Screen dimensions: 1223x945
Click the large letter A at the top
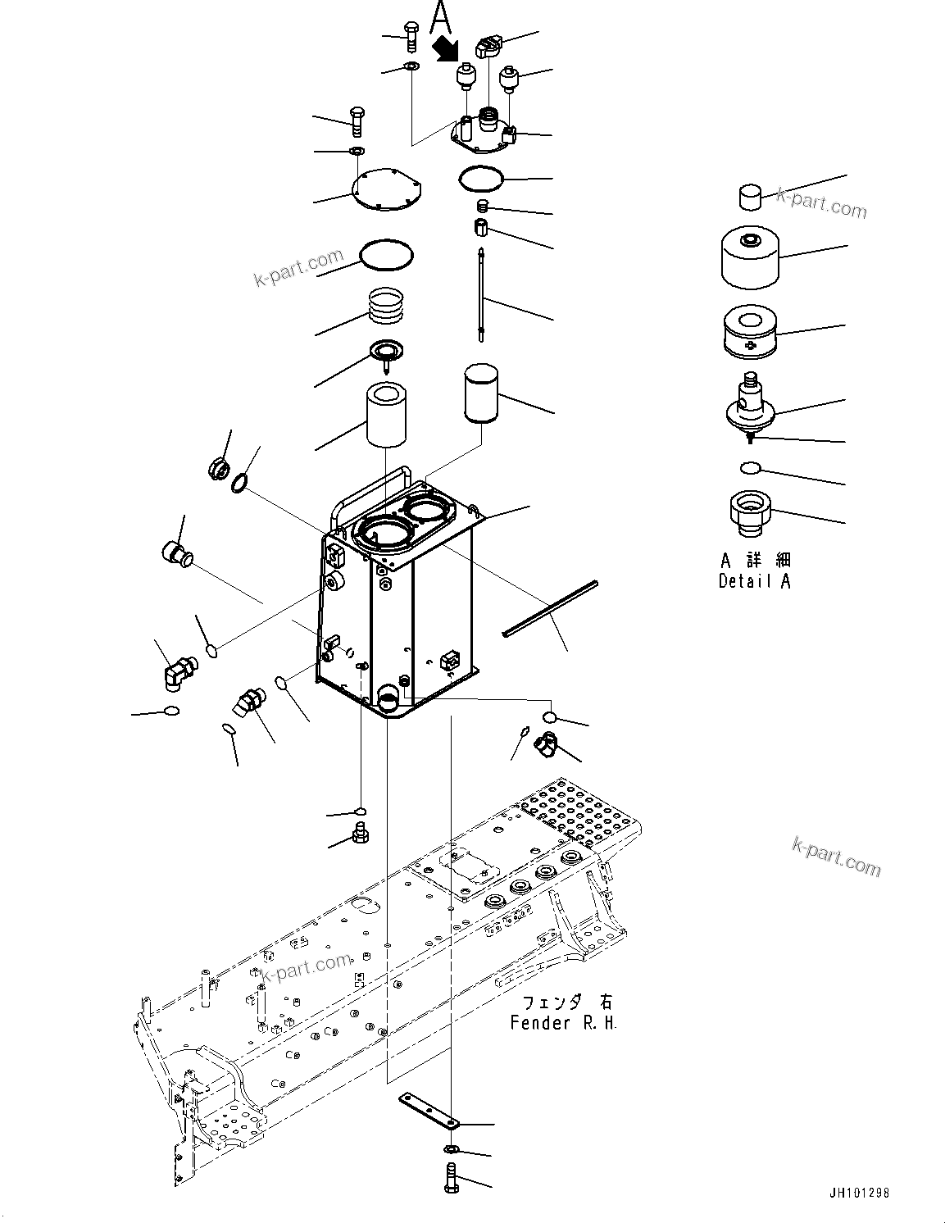click(441, 16)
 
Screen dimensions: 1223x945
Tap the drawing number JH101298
click(857, 1193)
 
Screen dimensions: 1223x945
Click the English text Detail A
click(754, 581)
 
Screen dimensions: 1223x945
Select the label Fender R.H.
click(563, 1023)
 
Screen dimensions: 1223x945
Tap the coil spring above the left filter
click(387, 306)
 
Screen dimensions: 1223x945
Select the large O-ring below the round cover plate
click(387, 254)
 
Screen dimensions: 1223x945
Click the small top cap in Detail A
click(751, 197)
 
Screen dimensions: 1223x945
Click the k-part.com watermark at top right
click(821, 202)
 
